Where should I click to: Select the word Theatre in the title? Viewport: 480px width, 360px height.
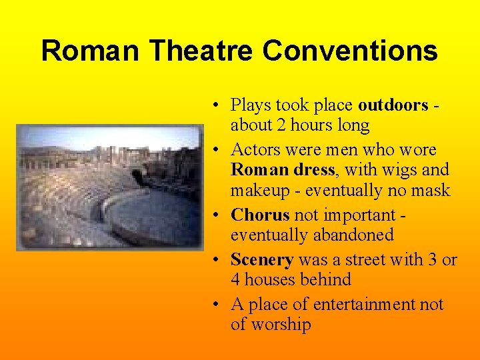click(x=202, y=51)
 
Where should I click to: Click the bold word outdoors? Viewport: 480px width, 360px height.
click(x=393, y=105)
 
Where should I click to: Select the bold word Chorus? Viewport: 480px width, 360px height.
click(x=260, y=215)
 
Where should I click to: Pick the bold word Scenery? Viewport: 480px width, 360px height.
click(x=262, y=259)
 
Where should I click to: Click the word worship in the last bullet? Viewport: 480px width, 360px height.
click(x=280, y=325)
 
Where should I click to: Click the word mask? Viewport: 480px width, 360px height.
click(x=432, y=191)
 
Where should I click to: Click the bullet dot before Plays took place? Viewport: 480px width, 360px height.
click(x=217, y=105)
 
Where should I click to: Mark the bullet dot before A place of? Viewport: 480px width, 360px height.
click(x=217, y=305)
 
